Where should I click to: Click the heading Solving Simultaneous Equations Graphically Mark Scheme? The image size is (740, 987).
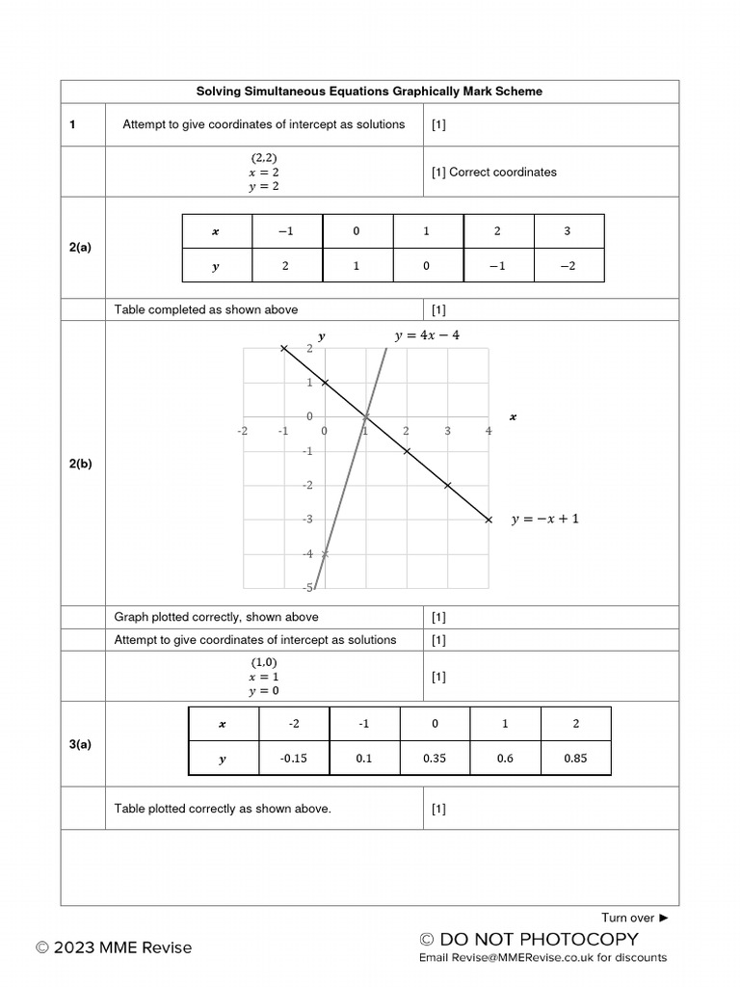369,92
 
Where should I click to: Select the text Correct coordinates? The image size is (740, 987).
502,172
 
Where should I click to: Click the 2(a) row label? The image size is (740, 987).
81,248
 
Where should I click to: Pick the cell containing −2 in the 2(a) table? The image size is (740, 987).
568,266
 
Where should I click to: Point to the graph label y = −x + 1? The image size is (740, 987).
545,520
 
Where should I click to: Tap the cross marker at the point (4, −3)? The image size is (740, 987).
489,520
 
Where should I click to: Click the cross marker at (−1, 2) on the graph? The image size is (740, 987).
283,348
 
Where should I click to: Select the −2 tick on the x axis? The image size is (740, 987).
242,431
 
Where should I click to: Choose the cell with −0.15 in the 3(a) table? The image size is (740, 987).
293,759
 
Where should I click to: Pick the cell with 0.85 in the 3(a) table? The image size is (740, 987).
575,759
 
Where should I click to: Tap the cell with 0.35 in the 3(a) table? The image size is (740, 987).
435,759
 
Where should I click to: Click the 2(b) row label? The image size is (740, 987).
81,464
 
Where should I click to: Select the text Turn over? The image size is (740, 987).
628,918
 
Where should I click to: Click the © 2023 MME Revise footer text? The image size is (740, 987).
114,947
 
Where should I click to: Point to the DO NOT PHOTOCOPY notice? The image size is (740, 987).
529,939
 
